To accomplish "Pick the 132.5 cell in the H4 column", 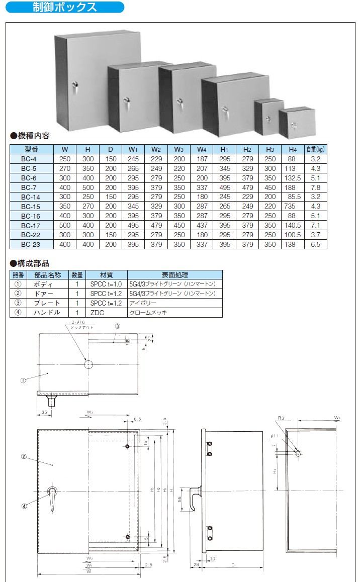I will (292, 178).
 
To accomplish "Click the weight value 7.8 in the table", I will (316, 187).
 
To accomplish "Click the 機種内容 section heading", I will (33, 136).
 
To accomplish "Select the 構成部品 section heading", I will (33, 263).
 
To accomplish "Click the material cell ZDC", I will (99, 312).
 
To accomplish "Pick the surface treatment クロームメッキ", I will (148, 312).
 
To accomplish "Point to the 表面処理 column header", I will (174, 275).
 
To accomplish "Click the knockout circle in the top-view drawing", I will (88, 364).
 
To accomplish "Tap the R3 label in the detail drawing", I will (281, 418).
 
